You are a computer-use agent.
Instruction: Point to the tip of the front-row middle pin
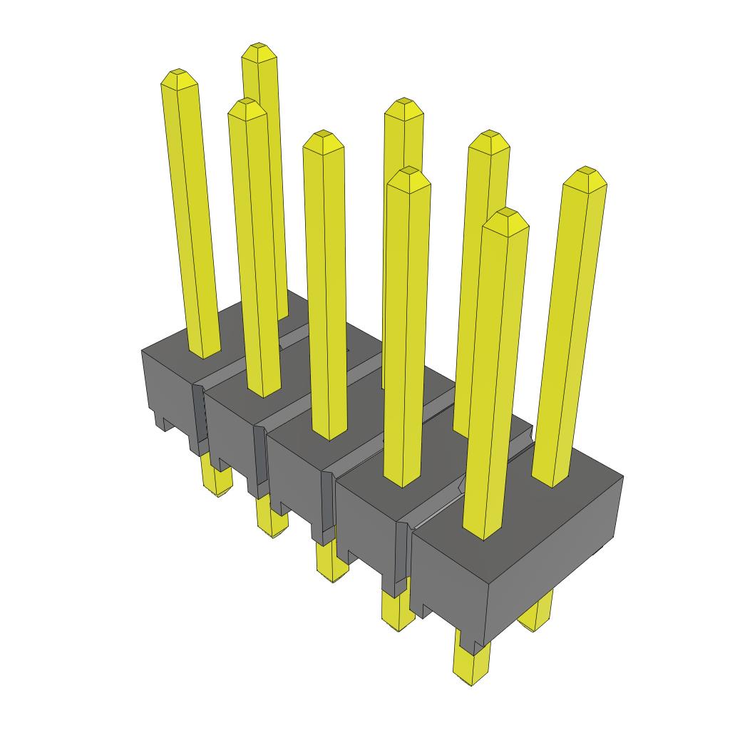point(322,135)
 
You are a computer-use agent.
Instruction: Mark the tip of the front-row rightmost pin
point(507,212)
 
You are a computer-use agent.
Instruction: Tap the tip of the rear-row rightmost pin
point(587,171)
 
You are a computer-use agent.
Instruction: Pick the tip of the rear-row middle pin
point(403,102)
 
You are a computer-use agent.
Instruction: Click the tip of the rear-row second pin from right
point(489,135)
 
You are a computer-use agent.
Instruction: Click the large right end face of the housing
point(552,549)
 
